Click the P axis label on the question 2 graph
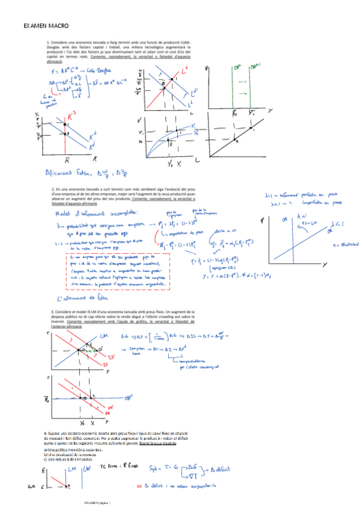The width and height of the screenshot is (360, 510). [x=262, y=222]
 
